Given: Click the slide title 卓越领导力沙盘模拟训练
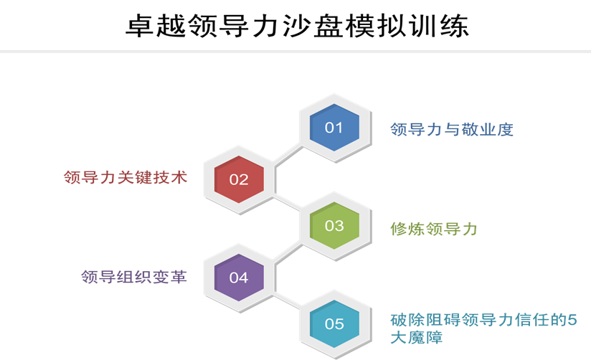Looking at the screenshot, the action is pos(297,26).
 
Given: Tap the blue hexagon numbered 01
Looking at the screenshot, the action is pos(334,128).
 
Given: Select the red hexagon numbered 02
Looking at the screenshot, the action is pos(239,179).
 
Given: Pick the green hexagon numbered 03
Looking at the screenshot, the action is pos(334,225).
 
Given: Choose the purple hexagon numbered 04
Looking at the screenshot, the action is pos(239,278).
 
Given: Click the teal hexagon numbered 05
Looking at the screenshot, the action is pos(334,324).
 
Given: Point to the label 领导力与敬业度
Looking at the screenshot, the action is pos(452,129).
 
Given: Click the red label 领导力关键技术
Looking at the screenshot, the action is pos(126,177).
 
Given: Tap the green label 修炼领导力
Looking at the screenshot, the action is pos(434,229).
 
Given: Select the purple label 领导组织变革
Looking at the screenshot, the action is pos(134,277).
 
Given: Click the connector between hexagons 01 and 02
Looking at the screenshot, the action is pos(288,156).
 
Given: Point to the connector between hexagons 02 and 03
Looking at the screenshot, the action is pos(286,202).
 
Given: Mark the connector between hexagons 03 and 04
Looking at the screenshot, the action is pos(288,253).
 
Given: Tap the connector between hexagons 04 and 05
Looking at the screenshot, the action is pos(286,300).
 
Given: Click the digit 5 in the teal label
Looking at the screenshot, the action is pos(572,320).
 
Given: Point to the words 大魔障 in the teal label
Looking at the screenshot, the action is pos(417,337).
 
